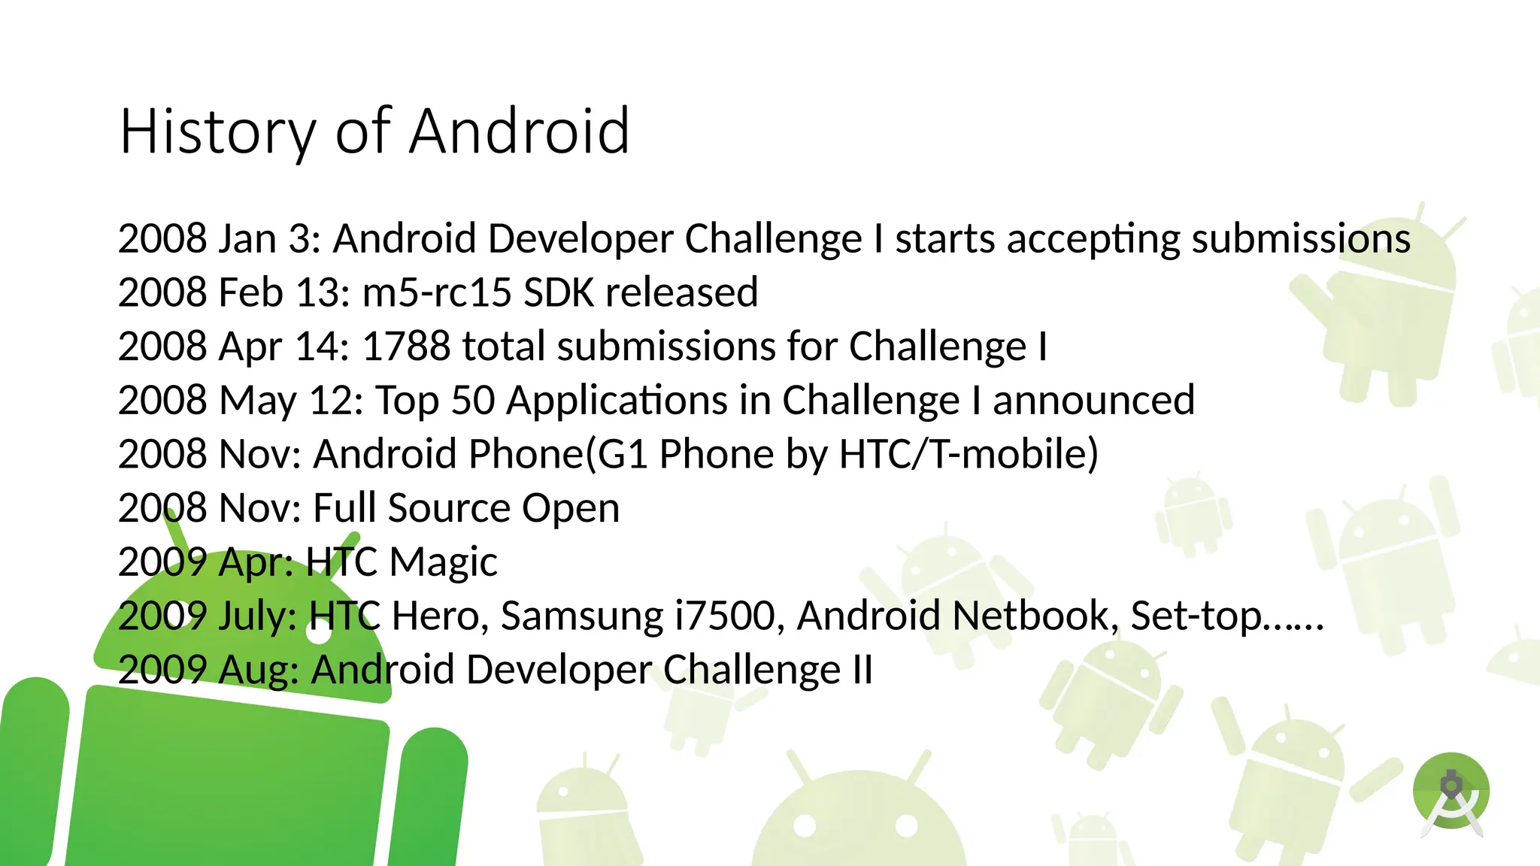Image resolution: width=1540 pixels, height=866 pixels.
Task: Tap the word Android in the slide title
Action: (520, 131)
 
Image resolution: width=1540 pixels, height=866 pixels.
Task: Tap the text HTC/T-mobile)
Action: (969, 455)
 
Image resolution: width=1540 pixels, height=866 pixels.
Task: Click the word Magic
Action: (443, 562)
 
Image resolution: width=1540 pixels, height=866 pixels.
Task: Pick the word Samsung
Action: (582, 616)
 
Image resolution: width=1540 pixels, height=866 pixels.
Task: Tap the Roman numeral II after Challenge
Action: (862, 670)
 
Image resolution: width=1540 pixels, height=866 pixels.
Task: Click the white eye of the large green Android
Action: (319, 633)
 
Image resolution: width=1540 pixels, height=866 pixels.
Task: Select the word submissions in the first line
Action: (1301, 239)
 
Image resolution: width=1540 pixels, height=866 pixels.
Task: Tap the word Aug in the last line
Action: (258, 671)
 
